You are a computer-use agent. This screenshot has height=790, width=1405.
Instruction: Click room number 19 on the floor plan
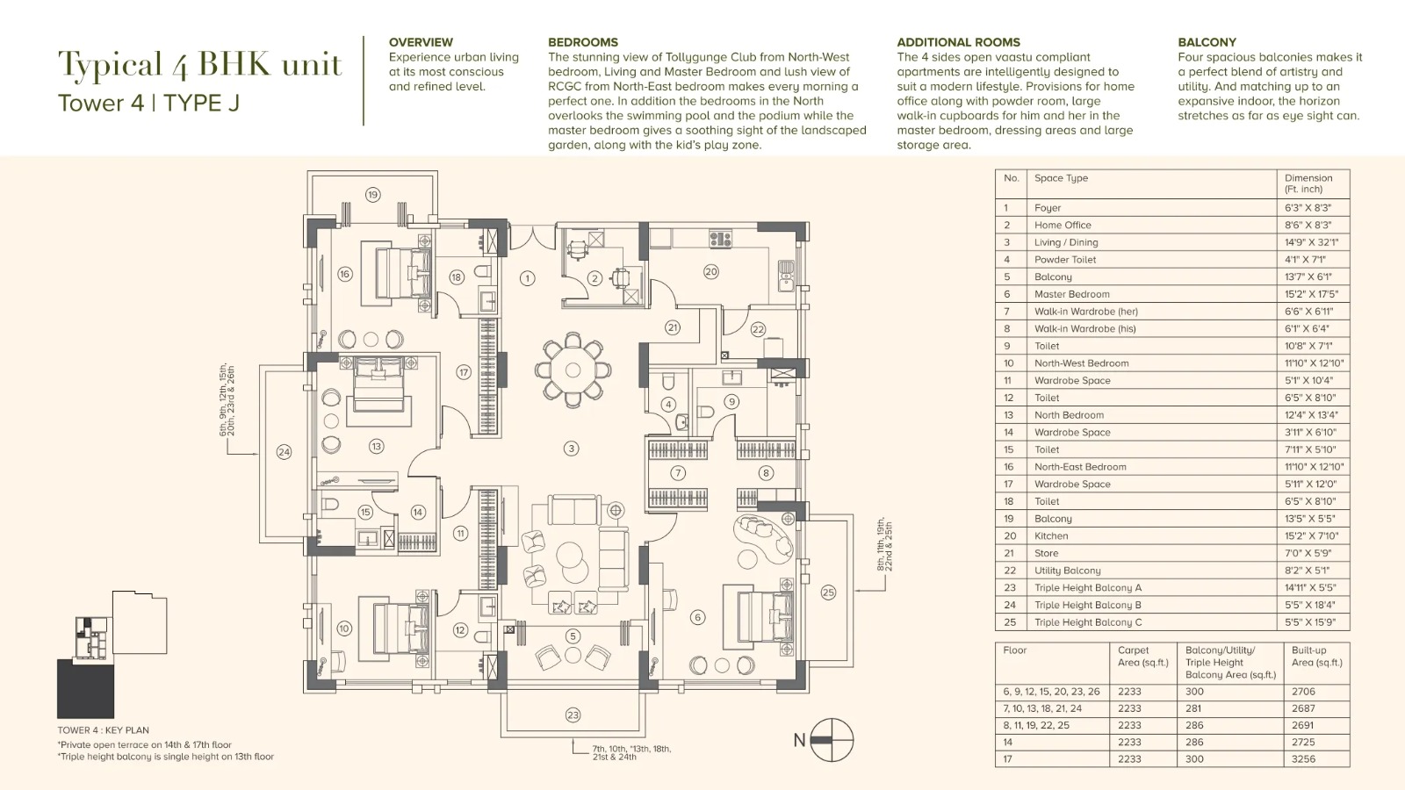point(372,194)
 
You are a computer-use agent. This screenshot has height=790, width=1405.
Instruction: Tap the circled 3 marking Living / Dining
point(571,449)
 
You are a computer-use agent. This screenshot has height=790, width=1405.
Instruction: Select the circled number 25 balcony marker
point(828,592)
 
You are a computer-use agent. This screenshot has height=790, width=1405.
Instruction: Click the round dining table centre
point(573,370)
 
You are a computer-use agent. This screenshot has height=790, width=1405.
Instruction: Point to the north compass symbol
point(832,740)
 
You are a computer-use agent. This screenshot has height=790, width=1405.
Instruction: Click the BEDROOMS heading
point(583,42)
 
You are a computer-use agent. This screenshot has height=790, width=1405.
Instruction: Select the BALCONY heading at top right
point(1207,42)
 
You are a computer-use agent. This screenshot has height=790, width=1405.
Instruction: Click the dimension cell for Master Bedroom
point(1308,294)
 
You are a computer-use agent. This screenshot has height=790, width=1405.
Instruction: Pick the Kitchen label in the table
point(1050,536)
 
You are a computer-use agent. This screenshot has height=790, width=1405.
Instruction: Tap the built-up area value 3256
point(1303,758)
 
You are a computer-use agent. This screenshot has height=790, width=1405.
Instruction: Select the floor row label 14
point(1007,742)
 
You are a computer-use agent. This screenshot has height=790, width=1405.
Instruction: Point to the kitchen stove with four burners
point(720,239)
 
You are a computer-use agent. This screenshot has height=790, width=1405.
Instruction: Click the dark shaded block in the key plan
point(85,688)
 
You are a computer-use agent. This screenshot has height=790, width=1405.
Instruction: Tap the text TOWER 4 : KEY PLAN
point(103,729)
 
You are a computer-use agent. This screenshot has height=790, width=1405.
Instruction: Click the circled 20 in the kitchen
point(710,271)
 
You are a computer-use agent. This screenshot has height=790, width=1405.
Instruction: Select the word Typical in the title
point(111,65)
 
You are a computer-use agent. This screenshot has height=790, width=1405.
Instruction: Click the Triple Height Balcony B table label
point(1088,605)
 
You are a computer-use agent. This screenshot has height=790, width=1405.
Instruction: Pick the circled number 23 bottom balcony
point(573,715)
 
